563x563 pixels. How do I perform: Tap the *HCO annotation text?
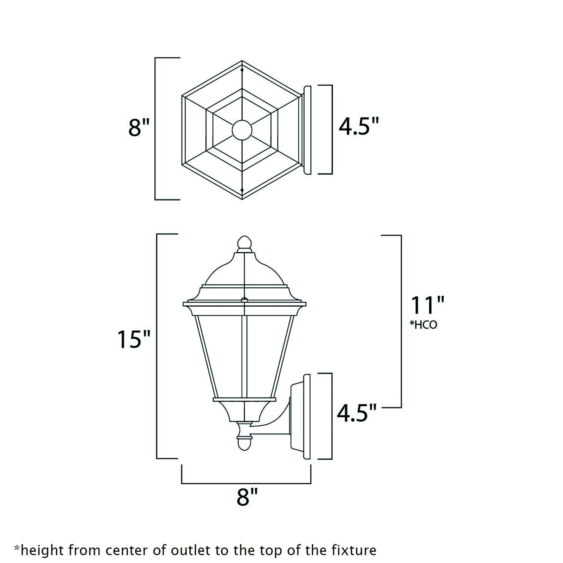[x=423, y=325]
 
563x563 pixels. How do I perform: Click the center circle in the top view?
[x=242, y=130]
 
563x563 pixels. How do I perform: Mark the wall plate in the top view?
[x=307, y=130]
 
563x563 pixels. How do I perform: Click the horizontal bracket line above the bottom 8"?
[x=246, y=484]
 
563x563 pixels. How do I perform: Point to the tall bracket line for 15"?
[x=157, y=347]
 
